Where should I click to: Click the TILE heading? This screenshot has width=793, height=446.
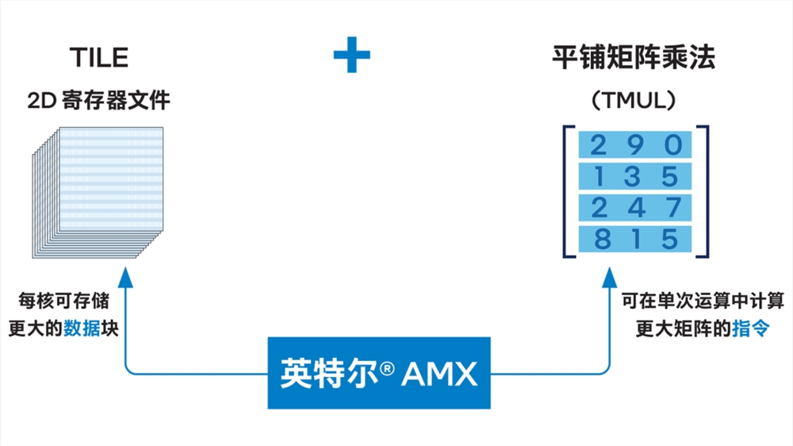(x=99, y=58)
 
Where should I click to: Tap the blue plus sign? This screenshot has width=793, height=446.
(x=351, y=58)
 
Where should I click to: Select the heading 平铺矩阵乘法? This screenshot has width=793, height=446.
(x=633, y=58)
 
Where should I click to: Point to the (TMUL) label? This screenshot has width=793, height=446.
(x=633, y=102)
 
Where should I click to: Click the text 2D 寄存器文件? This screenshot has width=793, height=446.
(x=98, y=101)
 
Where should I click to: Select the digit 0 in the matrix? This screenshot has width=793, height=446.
(x=672, y=144)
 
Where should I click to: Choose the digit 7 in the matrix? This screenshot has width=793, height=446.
(x=672, y=207)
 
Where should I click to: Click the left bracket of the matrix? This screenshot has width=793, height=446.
(x=566, y=190)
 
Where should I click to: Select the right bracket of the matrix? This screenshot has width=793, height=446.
(x=703, y=190)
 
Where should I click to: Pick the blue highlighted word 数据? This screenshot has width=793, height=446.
(x=82, y=328)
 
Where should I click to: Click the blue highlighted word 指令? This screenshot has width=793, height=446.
(x=749, y=328)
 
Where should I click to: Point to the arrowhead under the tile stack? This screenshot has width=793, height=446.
(x=125, y=277)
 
